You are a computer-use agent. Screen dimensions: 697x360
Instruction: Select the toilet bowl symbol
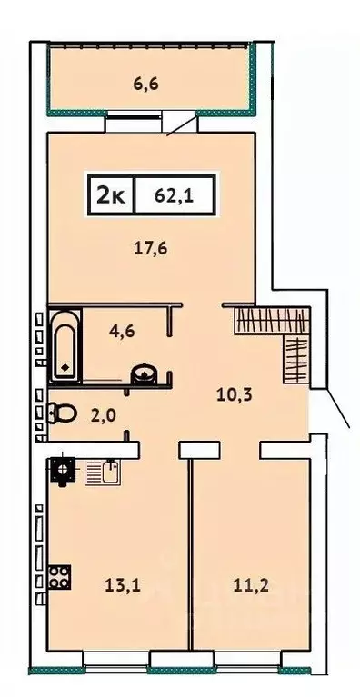[x=61, y=413]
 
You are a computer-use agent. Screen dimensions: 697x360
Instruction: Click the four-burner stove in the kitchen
[x=60, y=577]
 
